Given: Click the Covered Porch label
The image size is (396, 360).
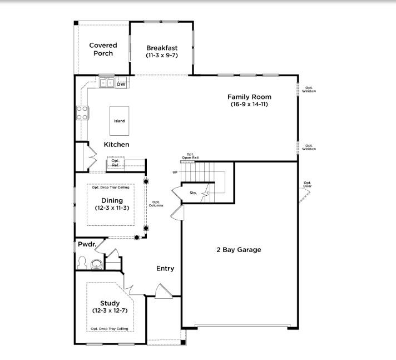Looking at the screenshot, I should pos(103,50).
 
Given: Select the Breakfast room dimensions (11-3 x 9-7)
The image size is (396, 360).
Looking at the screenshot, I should pos(162,56).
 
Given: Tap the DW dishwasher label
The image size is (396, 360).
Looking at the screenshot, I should pos(121,84).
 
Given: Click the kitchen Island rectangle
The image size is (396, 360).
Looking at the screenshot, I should pos(119,121).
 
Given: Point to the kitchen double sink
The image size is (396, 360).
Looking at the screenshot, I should pos(106,83).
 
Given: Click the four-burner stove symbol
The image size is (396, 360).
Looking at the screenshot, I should pos(82,113).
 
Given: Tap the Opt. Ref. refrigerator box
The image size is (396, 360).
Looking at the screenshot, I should pos(115,163).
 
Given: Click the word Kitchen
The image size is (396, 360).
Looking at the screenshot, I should pos(116,145).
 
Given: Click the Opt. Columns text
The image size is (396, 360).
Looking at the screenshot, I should pos(156,204).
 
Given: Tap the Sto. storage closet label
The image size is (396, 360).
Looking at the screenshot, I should pos(193,193).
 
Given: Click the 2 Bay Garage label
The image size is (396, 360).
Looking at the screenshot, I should pos(239,250).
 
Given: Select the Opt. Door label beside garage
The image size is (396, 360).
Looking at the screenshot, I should pos(307,184).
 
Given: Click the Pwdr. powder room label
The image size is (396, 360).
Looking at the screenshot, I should pos(87,244).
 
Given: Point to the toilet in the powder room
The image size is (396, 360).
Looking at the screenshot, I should pos(83,262).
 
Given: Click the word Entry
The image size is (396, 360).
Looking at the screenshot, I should pos(165,268).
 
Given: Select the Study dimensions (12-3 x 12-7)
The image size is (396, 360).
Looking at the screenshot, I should pos(110,311).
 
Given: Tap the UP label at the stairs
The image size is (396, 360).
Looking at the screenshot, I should pos(175,172).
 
